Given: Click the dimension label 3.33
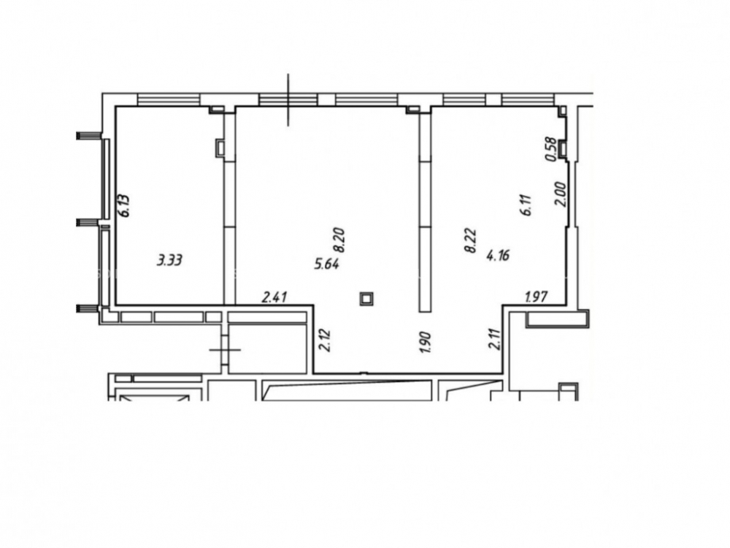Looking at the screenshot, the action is (x=169, y=260).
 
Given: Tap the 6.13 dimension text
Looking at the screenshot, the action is (x=124, y=205).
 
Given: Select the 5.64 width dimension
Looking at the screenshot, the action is (x=327, y=265).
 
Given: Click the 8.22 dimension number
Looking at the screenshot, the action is (x=470, y=240).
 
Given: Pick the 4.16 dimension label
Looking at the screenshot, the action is (x=498, y=255).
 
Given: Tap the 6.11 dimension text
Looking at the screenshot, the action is (x=527, y=205).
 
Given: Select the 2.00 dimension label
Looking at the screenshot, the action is (x=560, y=194).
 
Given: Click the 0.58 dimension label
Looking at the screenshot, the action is (x=550, y=149).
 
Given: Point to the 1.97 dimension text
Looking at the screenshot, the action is (x=536, y=297).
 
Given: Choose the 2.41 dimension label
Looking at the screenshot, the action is (x=274, y=297).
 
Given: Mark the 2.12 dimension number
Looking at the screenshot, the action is (x=325, y=340).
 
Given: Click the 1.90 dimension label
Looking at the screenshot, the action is (x=425, y=341).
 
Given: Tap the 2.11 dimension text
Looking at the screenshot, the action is (x=494, y=339).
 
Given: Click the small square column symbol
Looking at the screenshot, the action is (x=367, y=299).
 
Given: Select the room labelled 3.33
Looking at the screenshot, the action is (x=169, y=205).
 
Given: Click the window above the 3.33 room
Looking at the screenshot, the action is (x=169, y=99).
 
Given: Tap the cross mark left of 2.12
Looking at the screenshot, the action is (x=225, y=349).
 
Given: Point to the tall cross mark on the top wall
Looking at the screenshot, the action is (x=288, y=99).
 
